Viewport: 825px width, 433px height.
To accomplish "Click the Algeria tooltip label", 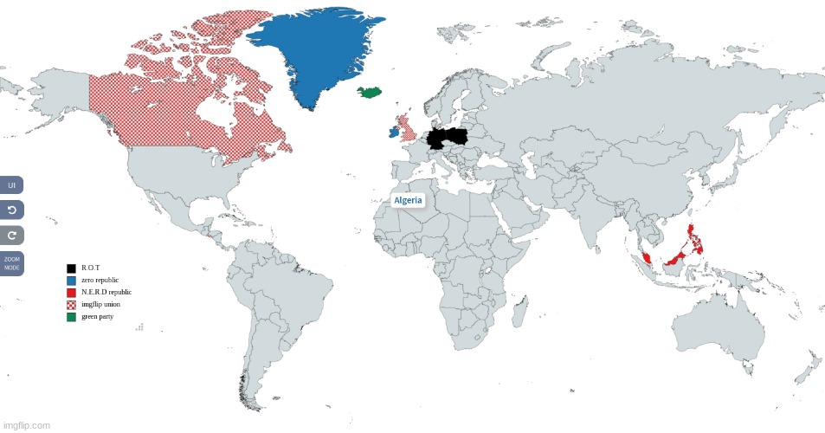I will [x=408, y=200].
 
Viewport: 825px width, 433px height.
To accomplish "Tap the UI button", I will [x=12, y=184].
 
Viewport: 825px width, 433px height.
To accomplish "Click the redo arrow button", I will [x=12, y=235].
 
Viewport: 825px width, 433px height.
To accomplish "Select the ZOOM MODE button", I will [x=12, y=264].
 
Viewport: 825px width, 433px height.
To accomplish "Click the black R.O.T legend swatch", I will [x=72, y=268].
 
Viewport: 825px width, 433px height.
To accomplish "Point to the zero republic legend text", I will [x=100, y=281].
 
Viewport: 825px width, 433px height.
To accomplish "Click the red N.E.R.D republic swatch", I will [x=72, y=293].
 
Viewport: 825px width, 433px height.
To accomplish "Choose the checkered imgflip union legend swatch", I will [x=72, y=305].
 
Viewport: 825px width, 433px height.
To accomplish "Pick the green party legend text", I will [x=97, y=316].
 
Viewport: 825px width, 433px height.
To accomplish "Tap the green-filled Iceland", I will [x=373, y=92].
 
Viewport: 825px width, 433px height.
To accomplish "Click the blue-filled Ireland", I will [x=394, y=133].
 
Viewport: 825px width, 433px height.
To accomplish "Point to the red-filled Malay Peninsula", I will [x=647, y=258].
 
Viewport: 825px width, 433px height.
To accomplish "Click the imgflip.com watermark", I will [x=26, y=425].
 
